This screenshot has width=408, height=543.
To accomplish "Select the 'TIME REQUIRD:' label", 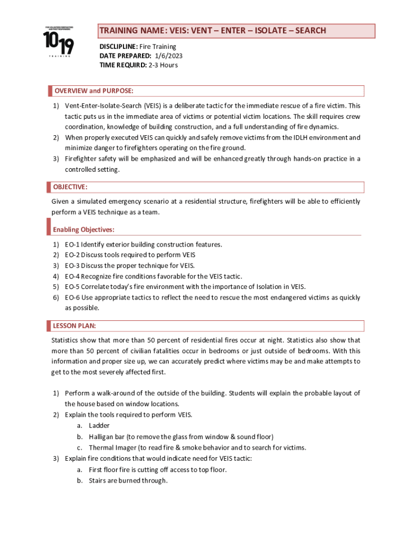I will coord(123,65).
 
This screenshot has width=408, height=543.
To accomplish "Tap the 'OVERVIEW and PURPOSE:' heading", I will coord(93,91).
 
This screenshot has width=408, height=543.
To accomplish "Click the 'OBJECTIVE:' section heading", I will coord(70,187).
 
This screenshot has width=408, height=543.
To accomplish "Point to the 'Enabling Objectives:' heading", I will coord(84,230).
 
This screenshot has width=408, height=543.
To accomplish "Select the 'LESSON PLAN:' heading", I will coord(74,325).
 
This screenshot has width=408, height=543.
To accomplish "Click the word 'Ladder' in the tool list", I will coord(100,425).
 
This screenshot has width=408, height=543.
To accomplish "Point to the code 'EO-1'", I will coord(73,244).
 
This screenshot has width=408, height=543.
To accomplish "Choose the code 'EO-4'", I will coord(73,276).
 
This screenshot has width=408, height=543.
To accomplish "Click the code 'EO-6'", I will coord(73,297).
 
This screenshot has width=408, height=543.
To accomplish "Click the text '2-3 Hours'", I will coord(163,65).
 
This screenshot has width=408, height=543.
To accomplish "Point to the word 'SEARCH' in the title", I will coord(307,31).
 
